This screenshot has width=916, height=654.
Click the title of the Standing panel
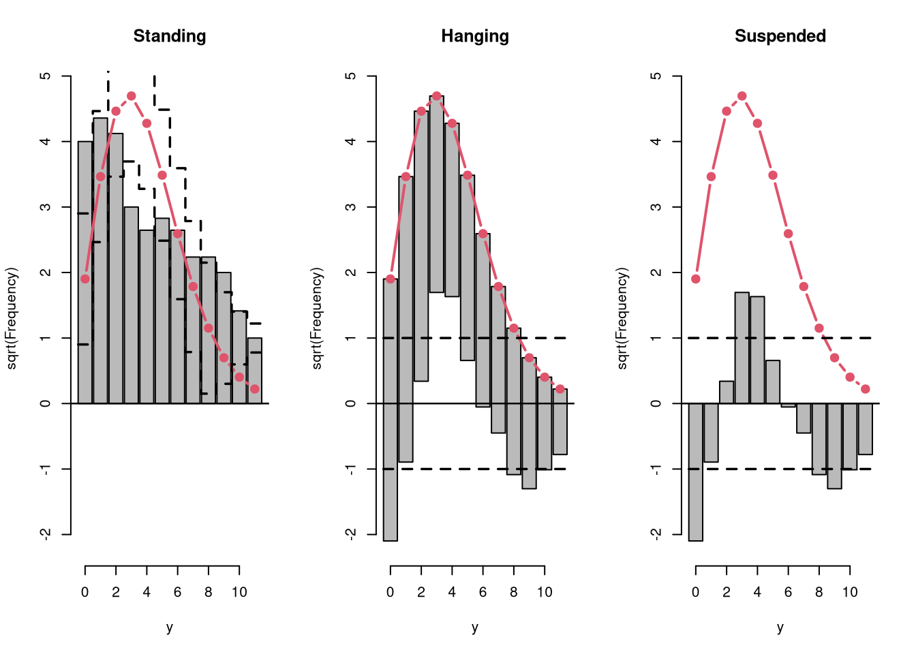[x=170, y=36]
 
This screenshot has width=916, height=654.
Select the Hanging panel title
[x=475, y=36]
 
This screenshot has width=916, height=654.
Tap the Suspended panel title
[x=780, y=36]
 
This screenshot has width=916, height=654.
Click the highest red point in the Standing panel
[x=132, y=96]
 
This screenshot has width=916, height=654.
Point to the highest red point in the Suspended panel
[x=742, y=96]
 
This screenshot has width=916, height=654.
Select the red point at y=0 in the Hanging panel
[x=391, y=279]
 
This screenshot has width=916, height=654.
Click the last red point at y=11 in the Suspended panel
[x=866, y=389]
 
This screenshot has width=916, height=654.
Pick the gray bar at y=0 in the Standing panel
[x=85, y=272]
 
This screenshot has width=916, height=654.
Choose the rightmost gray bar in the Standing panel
[x=255, y=371]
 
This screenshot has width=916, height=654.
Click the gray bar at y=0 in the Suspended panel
[x=696, y=472]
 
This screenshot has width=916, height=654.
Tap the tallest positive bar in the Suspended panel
[x=742, y=348]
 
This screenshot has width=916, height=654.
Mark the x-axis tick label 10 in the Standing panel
[x=239, y=592]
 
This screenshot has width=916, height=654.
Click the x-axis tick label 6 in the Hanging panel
[x=483, y=592]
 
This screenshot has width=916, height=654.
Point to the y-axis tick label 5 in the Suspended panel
[x=656, y=76]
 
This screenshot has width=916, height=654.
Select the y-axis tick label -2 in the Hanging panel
[x=350, y=534]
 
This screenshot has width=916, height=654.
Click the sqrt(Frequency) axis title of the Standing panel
[x=12, y=318]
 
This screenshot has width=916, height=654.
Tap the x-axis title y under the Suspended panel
[x=780, y=627]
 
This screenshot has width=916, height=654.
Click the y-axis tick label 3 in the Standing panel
[x=45, y=207]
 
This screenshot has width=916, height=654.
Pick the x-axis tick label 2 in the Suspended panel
[x=727, y=592]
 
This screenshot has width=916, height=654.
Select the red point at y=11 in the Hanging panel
[x=560, y=389]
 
